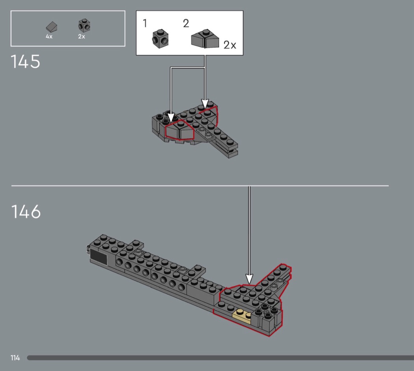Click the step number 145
pos(25,61)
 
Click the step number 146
pos(26,211)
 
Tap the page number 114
pos(15,358)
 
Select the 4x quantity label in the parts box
pos(49,37)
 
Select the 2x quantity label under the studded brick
pos(82,37)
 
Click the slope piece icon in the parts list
pos(52,27)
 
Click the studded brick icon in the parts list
pos(84,25)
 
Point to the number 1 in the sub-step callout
pos(145,23)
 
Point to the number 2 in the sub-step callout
pos(186,23)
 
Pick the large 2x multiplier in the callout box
pos(230,45)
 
